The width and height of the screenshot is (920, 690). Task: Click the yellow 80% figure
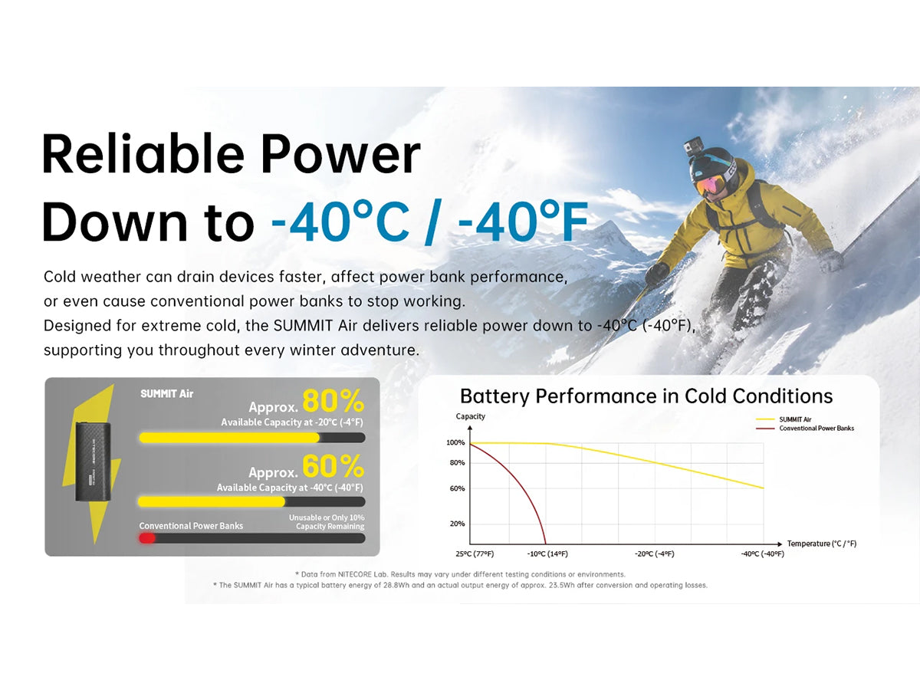pos(333,401)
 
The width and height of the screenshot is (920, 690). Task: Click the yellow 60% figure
pos(333,466)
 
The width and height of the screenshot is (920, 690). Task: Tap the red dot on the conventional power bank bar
pos(147,538)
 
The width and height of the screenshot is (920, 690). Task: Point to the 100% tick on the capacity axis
pos(455,443)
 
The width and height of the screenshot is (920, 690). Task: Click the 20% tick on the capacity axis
pos(457,524)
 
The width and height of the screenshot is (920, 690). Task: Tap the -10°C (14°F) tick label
pos(547,554)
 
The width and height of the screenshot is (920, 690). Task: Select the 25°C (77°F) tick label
pos(475,554)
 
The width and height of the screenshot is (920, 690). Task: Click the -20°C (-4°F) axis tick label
pos(654,554)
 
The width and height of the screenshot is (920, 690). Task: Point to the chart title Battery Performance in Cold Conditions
pos(646,396)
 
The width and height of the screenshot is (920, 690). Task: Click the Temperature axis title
pos(822,544)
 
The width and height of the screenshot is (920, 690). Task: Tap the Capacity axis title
pos(470,416)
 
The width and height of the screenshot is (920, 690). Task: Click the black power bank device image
pos(93,462)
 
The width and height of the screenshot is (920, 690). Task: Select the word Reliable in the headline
pos(143,154)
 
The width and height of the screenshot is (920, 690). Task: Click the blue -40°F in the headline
pos(524,222)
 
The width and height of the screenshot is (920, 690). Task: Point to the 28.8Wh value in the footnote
pos(396,585)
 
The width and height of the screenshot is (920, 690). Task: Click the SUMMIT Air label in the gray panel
pos(167,394)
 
